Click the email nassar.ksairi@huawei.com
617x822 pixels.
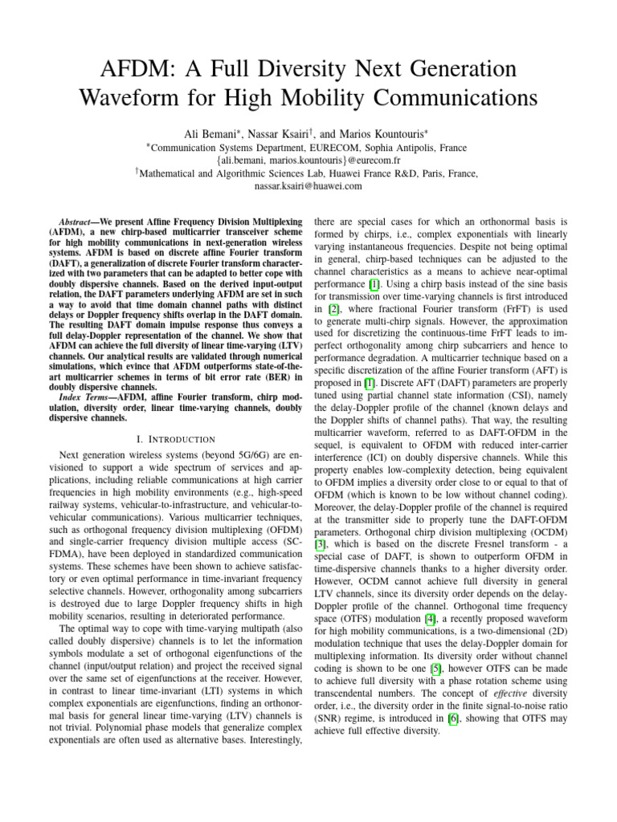coord(308,185)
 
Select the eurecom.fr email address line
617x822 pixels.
coord(308,160)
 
